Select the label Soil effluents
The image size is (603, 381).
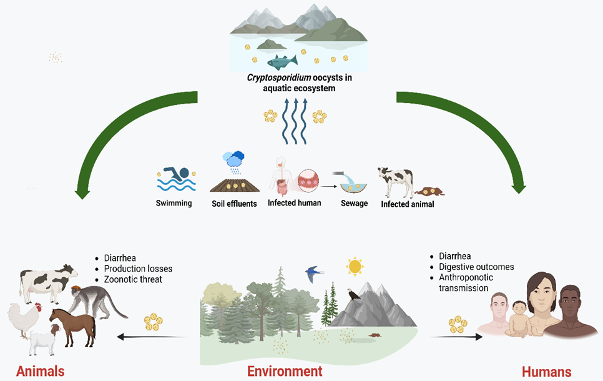234,204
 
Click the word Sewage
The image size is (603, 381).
354,204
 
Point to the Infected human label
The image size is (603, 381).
295,203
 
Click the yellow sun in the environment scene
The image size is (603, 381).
355,266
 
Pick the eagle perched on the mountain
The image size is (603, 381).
355,293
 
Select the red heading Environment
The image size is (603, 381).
285,371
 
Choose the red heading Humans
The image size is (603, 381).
546,372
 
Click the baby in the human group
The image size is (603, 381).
519,319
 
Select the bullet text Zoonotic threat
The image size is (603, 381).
132,279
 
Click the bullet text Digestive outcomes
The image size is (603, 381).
477,267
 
